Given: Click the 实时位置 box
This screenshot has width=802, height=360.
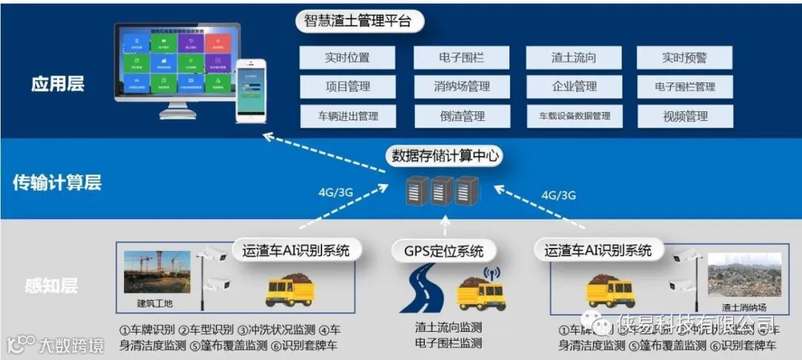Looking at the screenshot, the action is coord(348,58).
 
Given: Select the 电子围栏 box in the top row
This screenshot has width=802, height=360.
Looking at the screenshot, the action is coord(462,58).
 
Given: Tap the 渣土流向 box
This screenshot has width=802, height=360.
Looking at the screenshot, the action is coord(574,58).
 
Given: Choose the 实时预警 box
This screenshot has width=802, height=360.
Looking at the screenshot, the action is coord(685,58).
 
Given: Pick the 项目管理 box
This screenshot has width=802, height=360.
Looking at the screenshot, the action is coord(348,87).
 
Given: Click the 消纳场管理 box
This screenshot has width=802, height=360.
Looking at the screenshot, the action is coord(462,87).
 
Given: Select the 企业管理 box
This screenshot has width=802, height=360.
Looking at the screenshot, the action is coord(574,87).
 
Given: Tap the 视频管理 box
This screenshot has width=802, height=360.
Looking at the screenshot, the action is coord(685,117).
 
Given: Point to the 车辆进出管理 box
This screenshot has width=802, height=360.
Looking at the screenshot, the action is coord(348,117).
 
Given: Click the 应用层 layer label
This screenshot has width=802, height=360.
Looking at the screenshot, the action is coord(58,83).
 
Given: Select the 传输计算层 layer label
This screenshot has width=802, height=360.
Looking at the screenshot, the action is coord(57,183).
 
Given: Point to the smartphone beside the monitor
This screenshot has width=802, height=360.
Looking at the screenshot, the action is coord(250,90).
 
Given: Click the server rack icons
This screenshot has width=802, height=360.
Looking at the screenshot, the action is coord(443,192).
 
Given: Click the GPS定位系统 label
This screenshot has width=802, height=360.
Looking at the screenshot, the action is coord(444,251).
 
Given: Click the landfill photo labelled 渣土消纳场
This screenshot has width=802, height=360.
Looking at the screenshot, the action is coord(743,275).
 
